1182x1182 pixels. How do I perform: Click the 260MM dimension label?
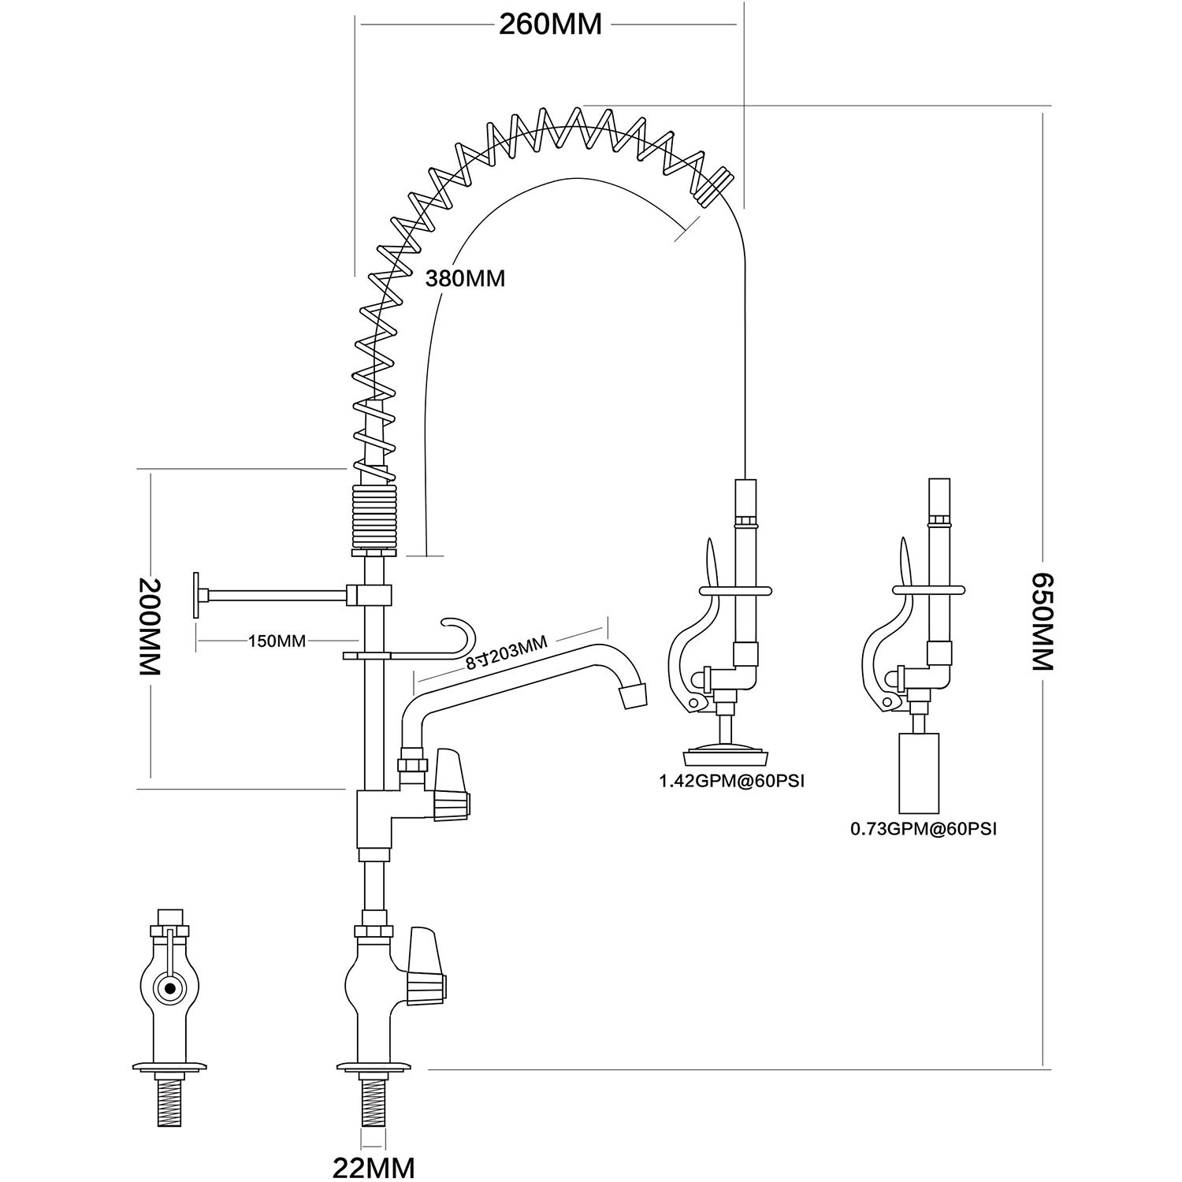[550, 24]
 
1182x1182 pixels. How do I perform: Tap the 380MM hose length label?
[465, 278]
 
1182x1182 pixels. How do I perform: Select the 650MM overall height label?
[1043, 622]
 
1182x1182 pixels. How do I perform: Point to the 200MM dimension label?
[150, 626]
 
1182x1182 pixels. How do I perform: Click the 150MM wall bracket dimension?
[277, 641]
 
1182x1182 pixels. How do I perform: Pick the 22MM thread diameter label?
[374, 1167]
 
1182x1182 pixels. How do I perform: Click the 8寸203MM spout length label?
[506, 652]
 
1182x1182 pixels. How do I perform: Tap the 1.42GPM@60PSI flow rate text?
[731, 782]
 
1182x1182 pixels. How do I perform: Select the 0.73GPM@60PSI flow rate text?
[924, 829]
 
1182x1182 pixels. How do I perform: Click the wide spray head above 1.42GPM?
[727, 754]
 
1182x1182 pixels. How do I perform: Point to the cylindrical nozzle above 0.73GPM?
[919, 773]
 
